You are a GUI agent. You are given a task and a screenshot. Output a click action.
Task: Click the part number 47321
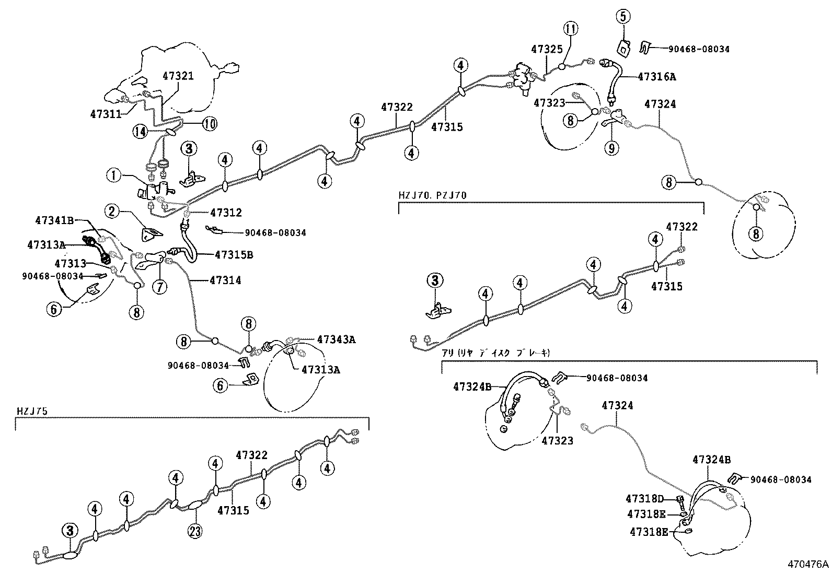pos(178,76)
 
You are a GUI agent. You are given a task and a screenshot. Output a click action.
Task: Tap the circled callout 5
pos(621,18)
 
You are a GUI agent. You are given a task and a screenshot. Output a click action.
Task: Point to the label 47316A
pos(656,77)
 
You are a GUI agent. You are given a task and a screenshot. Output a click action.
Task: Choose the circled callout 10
pos(210,124)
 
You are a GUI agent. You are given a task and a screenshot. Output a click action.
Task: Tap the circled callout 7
pos(160,286)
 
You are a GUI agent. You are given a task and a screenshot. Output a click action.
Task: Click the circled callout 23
pos(196,531)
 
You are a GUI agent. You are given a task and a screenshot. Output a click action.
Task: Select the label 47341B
pos(54,220)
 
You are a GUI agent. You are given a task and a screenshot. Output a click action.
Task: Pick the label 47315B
pos(234,255)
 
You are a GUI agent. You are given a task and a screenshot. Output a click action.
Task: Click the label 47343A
pos(336,339)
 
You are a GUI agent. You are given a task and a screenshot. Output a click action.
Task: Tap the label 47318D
pos(646,499)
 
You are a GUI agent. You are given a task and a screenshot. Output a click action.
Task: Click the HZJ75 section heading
pos(32,412)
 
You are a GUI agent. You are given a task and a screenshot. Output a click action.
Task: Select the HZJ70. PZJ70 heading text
pos(432,195)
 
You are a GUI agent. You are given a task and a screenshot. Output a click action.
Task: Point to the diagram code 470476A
pos(808,565)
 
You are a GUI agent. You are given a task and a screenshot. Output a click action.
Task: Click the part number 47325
pos(547,50)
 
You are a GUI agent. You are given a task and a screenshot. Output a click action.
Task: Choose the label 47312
pos(226,213)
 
